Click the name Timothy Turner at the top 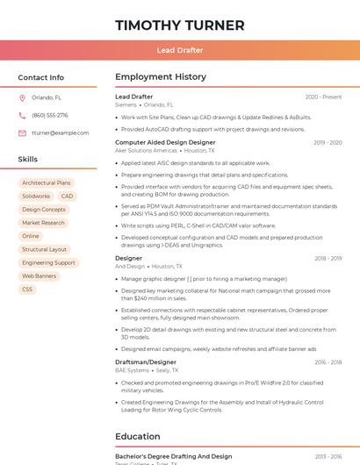[179, 25]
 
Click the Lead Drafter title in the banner [179, 51]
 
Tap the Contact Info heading [41, 77]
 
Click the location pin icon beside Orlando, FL [22, 97]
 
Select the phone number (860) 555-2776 [49, 115]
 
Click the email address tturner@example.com [60, 132]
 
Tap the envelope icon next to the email [22, 132]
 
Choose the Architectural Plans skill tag [47, 183]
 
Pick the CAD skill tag [67, 197]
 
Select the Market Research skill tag [43, 223]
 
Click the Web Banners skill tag [40, 275]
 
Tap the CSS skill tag [27, 289]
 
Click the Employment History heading [160, 77]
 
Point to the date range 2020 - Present [323, 97]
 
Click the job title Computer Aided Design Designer [165, 142]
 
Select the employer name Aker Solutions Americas [146, 150]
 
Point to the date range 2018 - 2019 [328, 259]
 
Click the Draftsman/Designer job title [145, 361]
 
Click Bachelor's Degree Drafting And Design [173, 456]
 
